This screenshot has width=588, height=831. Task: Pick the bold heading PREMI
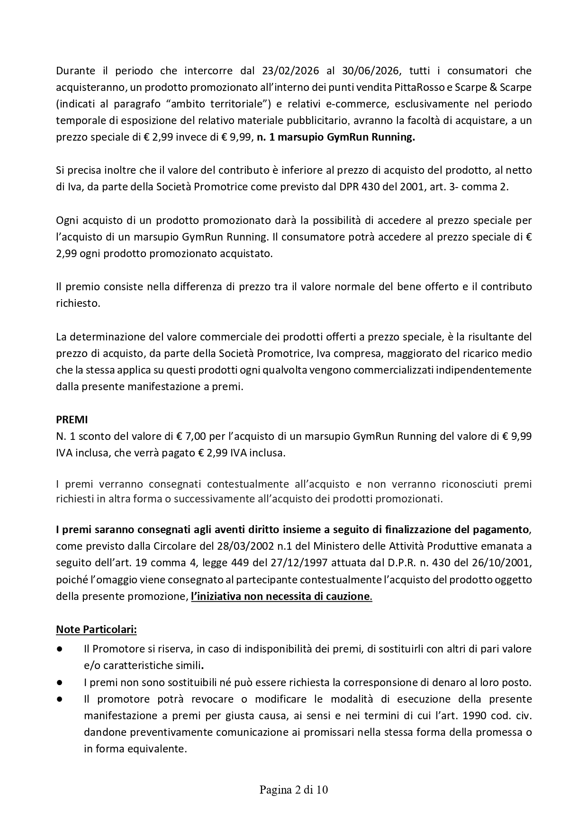[72, 420]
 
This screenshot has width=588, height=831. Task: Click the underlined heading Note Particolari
[96, 630]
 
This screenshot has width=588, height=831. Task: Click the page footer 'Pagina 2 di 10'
[294, 790]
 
